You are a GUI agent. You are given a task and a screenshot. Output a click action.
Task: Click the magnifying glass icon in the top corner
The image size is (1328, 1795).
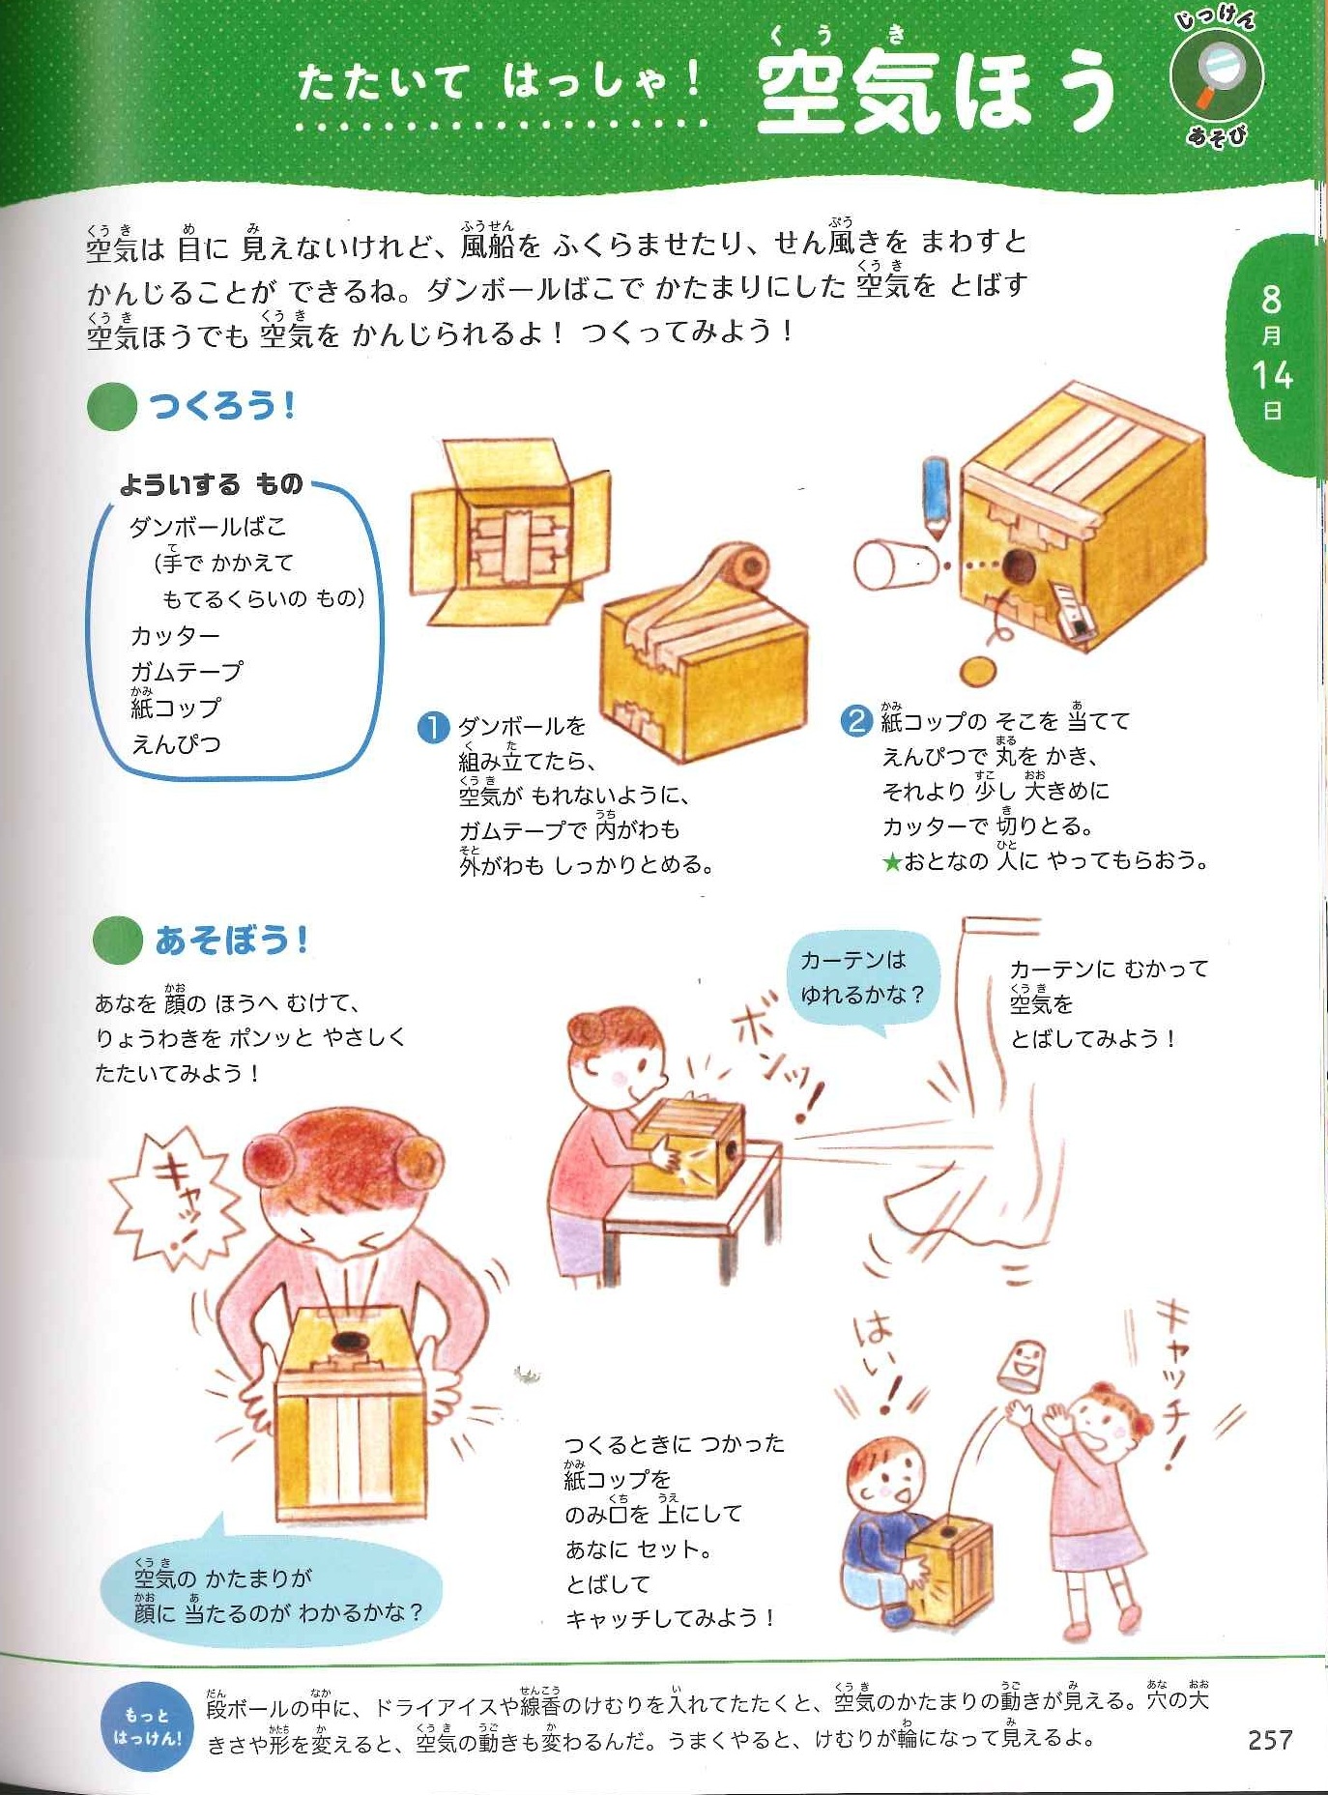1216,76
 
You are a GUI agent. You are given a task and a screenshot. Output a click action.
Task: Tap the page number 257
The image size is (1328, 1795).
1269,1740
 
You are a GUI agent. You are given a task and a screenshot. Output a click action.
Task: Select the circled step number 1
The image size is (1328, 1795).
433,726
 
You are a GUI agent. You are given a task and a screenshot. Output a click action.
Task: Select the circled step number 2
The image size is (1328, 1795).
855,721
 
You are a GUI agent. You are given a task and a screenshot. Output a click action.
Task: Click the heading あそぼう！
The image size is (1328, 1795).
232,940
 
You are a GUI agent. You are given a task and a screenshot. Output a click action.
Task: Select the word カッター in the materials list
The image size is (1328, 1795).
175,636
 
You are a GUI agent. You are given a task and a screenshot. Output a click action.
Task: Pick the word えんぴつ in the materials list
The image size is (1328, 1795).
176,744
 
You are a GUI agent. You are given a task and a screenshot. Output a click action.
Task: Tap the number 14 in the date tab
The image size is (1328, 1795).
1272,374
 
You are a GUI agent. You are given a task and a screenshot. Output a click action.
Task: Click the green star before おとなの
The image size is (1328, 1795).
891,861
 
